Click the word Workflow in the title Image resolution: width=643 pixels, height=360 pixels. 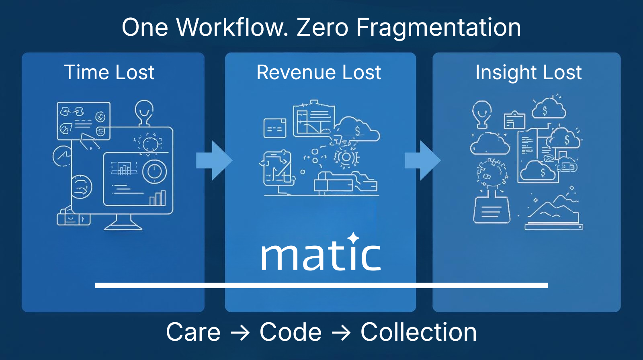pos(232,27)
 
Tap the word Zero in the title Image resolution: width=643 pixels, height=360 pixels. pos(322,27)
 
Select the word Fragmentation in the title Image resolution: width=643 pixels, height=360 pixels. pos(438,28)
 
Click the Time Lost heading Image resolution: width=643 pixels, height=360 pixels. pos(109,72)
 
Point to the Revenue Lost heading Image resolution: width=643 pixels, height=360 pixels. pos(319,72)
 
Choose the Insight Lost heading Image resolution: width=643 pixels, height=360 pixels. pos(528,73)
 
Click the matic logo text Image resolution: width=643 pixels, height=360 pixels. pos(320,256)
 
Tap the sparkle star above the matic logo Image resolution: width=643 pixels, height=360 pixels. pos(353,238)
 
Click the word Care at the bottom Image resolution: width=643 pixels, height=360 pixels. pos(193,332)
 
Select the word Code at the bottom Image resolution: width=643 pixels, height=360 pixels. pos(291,332)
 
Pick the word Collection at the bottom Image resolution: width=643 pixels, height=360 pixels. pos(418,332)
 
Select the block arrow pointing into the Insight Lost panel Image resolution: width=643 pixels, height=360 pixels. pos(422,160)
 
